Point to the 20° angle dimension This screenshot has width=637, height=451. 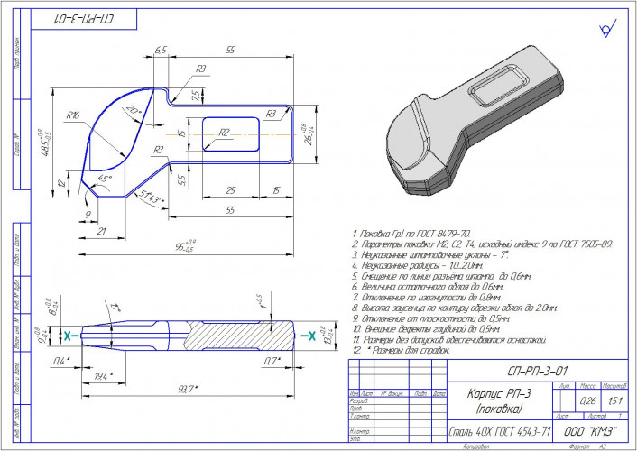click(133, 109)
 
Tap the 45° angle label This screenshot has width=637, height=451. click(105, 179)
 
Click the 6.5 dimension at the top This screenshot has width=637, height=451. click(161, 52)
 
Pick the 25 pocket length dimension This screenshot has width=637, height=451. click(230, 189)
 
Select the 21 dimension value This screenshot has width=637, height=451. click(101, 232)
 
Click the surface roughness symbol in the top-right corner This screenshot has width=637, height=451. click(606, 30)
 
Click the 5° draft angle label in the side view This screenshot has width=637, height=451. click(115, 308)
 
